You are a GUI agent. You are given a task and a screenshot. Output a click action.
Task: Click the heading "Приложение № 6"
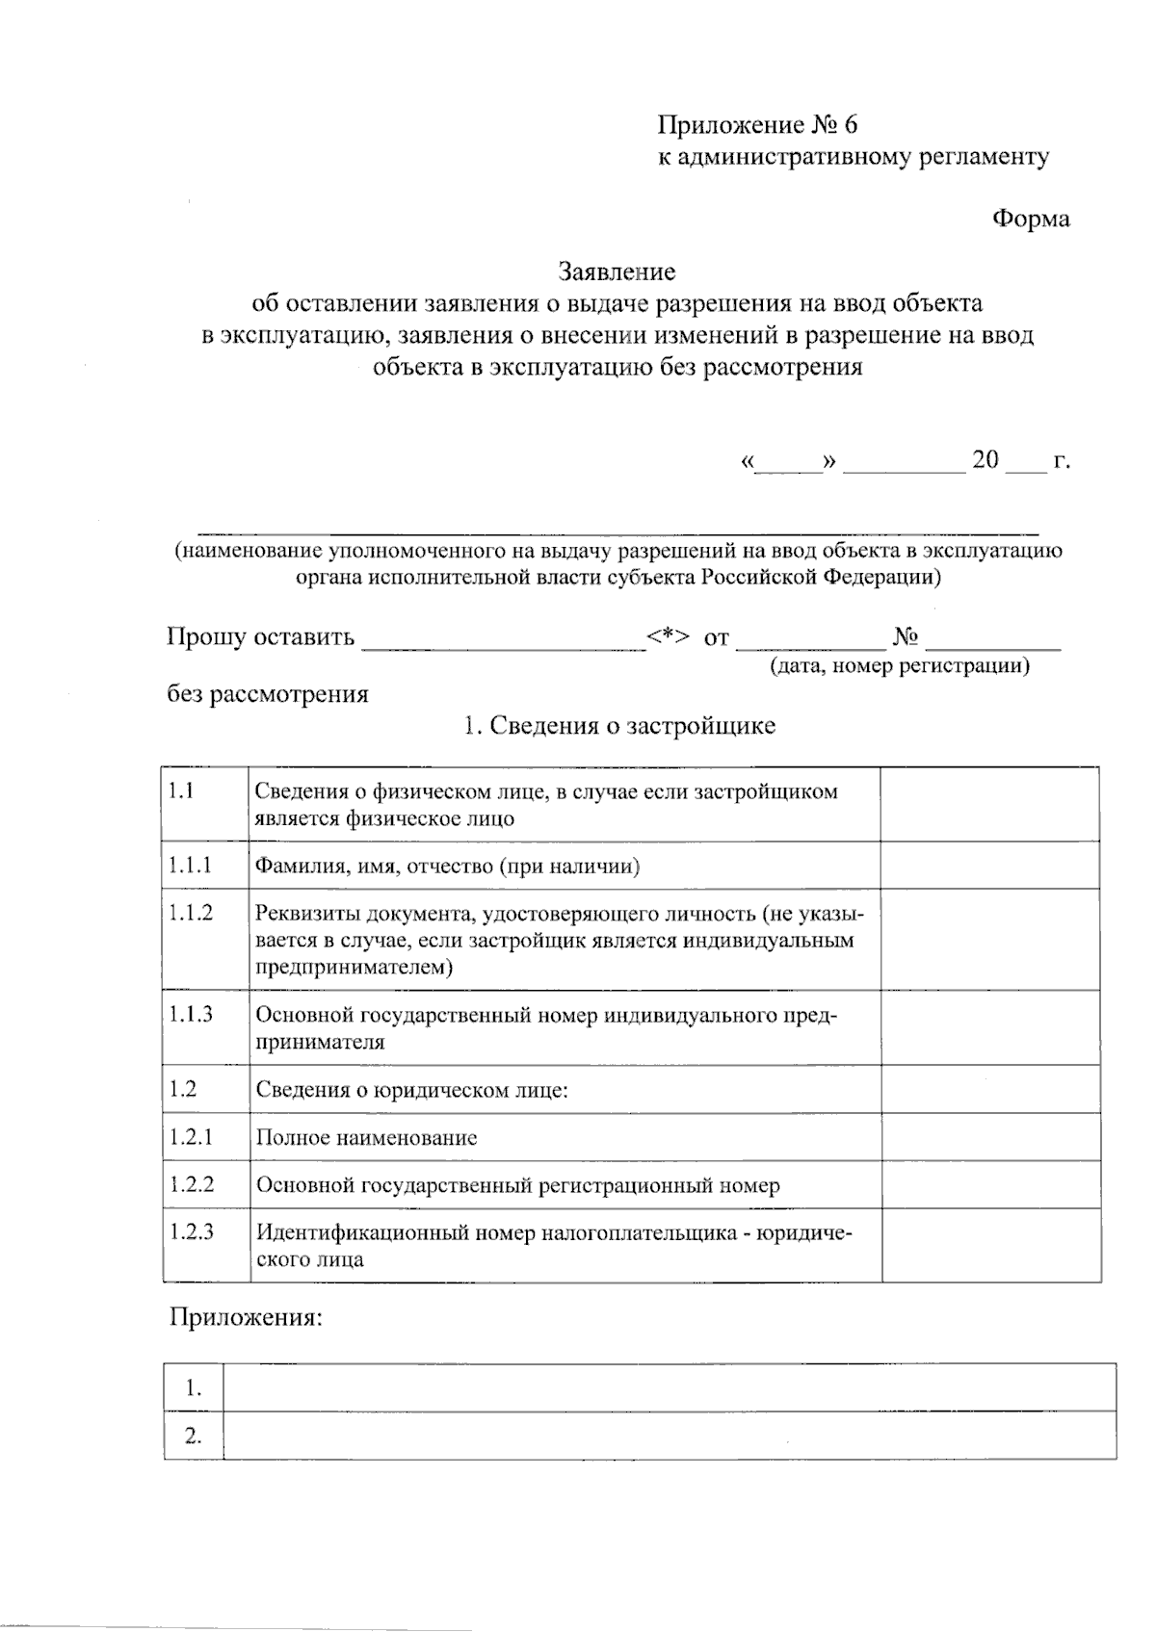(757, 125)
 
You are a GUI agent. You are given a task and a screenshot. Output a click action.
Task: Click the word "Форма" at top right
(1031, 220)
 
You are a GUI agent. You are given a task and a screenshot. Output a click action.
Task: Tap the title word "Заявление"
(617, 272)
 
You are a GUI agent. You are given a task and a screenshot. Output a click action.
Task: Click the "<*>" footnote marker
(668, 636)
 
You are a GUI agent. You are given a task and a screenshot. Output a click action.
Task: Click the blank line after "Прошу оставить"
(503, 641)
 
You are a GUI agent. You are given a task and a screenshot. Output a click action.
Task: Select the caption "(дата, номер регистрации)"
(899, 665)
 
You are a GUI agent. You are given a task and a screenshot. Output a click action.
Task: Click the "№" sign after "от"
(906, 636)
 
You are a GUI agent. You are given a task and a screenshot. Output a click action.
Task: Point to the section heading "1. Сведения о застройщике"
(618, 725)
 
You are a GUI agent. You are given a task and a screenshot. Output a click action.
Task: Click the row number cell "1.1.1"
(191, 866)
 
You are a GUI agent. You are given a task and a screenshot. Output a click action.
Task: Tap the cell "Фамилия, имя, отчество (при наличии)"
(448, 866)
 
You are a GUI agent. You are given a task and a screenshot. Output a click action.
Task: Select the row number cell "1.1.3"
(191, 1014)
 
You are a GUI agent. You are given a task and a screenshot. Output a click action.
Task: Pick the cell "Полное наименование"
(366, 1137)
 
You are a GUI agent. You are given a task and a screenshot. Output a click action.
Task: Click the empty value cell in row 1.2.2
(990, 1185)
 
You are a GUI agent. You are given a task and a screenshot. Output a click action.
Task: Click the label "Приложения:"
(246, 1317)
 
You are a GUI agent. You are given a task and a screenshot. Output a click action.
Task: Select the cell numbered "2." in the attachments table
(194, 1437)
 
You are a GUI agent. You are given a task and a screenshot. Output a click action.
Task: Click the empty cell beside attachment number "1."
(669, 1387)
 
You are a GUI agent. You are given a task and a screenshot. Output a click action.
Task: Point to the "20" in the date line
(985, 459)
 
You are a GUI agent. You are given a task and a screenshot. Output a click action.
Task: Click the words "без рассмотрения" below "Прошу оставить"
(268, 694)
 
